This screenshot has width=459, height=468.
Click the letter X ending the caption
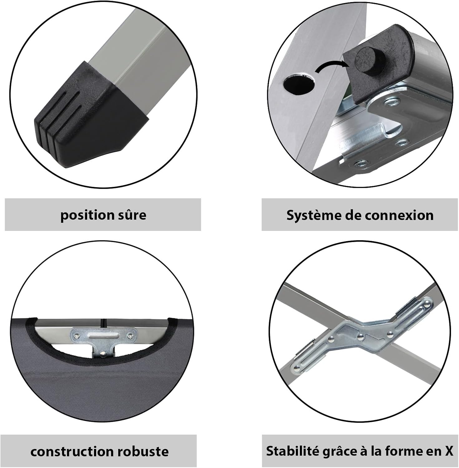coord(448,451)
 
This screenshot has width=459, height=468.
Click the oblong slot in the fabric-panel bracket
coord(103,335)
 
